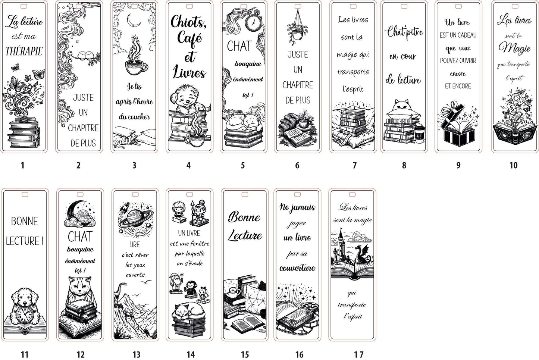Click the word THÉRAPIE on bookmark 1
pos(24,51)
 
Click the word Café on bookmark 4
pos(189,38)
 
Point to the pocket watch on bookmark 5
pos(254,21)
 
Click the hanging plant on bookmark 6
pos(297,28)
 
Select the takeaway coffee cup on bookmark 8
pos(419,135)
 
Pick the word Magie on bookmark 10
pos(514,48)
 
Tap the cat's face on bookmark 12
pos(80,286)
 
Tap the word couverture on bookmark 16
pos(297,268)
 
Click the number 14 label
pos(191,354)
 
